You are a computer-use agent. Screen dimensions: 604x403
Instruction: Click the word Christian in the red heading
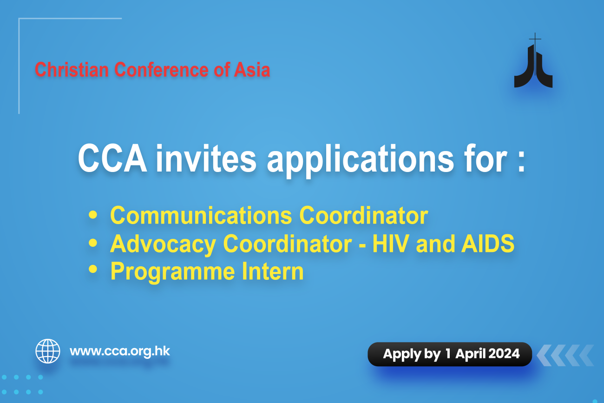[x=72, y=70]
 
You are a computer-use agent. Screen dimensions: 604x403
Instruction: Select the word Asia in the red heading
[x=252, y=70]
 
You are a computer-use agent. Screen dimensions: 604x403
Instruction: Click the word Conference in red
[x=161, y=70]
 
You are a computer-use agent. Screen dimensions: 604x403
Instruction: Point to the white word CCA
[x=112, y=158]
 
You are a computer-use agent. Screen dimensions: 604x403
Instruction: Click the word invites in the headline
[x=206, y=158]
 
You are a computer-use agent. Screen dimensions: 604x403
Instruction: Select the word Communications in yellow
[x=201, y=215]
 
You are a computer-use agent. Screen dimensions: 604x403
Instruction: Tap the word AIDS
[x=487, y=244]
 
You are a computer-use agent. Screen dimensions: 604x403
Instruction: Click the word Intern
[x=273, y=271]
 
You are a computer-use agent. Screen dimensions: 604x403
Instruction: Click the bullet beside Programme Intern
[x=93, y=269]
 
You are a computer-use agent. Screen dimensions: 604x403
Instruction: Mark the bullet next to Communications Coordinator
[x=93, y=215]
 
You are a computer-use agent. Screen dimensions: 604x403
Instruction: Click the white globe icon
[x=48, y=351]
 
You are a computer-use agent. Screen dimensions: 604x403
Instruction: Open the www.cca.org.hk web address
[x=120, y=351]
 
